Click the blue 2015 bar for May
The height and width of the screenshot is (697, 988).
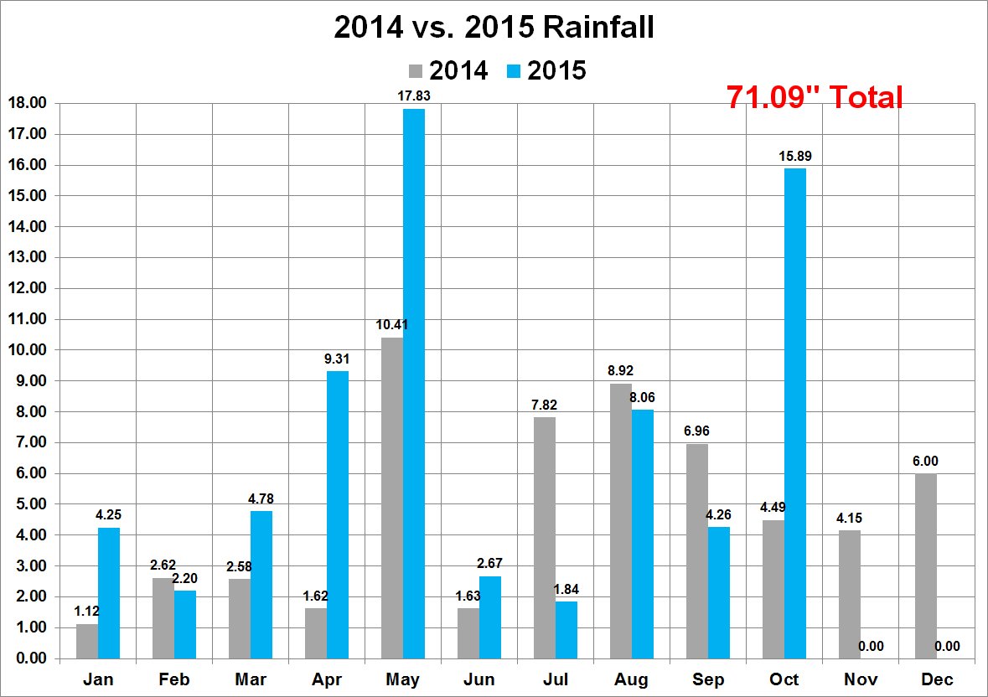(x=414, y=384)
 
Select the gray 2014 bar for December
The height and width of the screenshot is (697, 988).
(x=925, y=566)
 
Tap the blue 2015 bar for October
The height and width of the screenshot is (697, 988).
(x=795, y=414)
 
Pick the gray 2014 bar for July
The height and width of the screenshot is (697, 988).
(x=544, y=538)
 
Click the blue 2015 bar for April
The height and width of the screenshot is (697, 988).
(x=338, y=515)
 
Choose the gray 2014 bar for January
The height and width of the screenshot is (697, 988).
(x=87, y=641)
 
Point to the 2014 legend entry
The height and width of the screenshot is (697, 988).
(x=448, y=71)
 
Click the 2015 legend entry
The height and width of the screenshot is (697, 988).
(x=546, y=71)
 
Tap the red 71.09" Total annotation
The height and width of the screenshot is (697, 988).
(x=815, y=97)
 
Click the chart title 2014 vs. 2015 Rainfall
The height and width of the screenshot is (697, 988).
(x=494, y=28)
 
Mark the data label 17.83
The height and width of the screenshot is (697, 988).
(x=414, y=96)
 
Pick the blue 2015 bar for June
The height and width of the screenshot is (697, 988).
(x=490, y=617)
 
